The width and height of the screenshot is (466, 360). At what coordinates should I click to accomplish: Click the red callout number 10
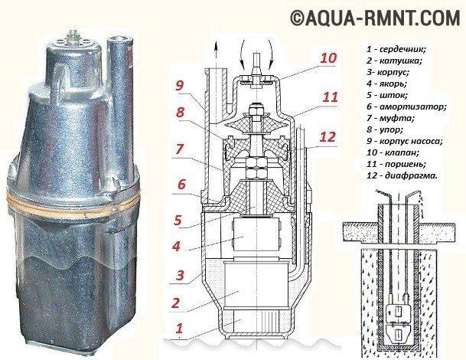(x=328, y=58)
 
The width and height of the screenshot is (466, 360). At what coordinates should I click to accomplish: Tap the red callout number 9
(x=179, y=85)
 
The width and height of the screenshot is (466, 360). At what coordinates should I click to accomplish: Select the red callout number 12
(x=328, y=137)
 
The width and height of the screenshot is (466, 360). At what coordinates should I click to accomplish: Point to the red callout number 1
(x=179, y=329)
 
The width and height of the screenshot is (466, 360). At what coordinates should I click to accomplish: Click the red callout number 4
(x=176, y=247)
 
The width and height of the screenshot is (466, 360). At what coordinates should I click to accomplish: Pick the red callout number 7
(x=178, y=149)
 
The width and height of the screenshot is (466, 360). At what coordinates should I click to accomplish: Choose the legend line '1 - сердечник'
(x=396, y=49)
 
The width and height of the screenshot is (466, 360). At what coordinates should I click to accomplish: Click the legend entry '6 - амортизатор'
(x=406, y=106)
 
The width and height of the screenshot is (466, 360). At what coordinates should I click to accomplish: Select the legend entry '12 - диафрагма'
(x=402, y=175)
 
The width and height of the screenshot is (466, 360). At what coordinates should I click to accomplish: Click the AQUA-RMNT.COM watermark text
(x=375, y=17)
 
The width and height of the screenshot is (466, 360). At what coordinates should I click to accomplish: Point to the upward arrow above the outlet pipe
(x=216, y=54)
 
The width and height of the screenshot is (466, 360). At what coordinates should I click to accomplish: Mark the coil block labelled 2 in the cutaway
(x=256, y=286)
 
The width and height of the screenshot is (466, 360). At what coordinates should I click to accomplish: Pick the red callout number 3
(x=180, y=275)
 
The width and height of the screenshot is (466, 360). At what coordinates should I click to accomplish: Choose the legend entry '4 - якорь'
(x=386, y=83)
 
